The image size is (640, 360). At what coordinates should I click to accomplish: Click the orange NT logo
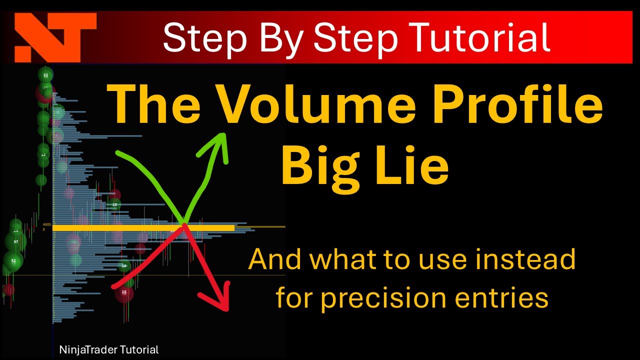(x=55, y=37)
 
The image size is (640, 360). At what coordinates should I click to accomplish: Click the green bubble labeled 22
(x=45, y=75)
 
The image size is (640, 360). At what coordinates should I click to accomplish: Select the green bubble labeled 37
(x=15, y=242)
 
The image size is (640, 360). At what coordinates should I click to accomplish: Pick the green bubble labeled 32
(x=13, y=261)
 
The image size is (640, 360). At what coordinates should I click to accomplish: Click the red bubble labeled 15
(x=124, y=292)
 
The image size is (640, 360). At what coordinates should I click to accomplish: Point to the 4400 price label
(x=47, y=225)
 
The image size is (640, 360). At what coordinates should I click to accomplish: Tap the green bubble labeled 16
(x=124, y=266)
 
